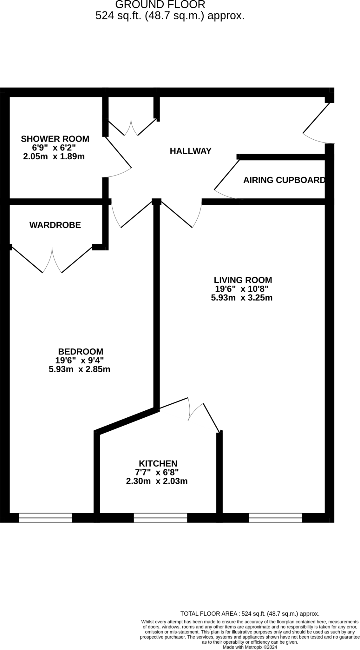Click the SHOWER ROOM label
pos(55,139)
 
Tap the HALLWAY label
pos(190,151)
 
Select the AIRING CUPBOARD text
pos(284,180)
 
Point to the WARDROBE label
pos(55,225)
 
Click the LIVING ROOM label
pos(243,280)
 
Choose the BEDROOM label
pos(81,352)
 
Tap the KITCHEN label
pos(158,463)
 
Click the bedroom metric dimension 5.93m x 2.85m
pos(79,369)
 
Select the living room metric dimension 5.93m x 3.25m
pos(242,298)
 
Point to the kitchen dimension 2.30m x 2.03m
pos(157,481)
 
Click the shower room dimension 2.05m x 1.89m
pos(54,156)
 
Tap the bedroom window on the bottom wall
pos(46,518)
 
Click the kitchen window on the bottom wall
pos(160,518)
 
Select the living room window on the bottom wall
pos(275,518)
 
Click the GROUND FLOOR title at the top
pos(160,4)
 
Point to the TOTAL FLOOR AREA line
pos(250,614)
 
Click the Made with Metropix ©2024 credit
pos(250,647)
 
